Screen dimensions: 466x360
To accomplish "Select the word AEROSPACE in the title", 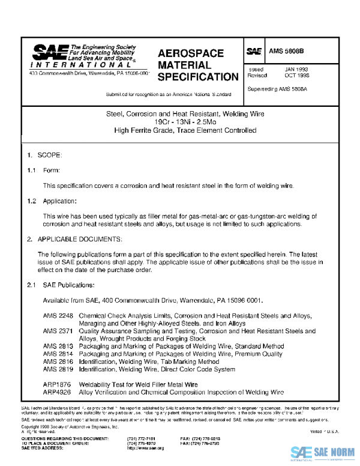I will pos(191,53).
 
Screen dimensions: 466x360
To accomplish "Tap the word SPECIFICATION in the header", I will pos(198,77).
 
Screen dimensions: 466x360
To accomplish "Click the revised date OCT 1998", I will pos(296,76).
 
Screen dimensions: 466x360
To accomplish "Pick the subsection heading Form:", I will pos(52,171).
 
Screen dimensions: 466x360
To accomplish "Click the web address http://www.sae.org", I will pos(145,448).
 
